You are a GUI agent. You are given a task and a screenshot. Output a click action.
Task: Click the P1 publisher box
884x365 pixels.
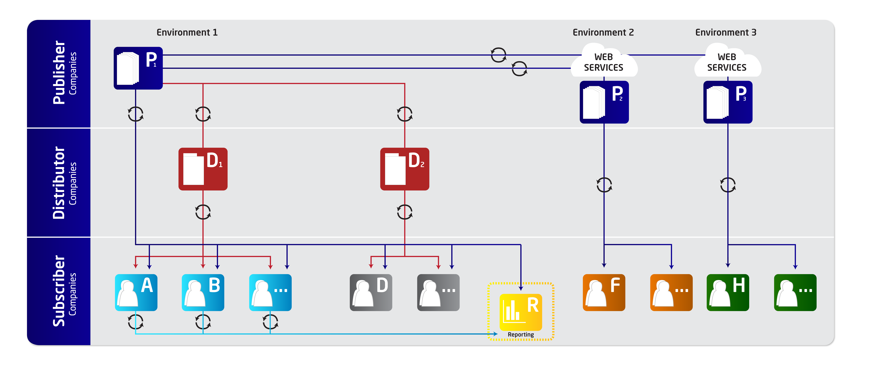point(138,68)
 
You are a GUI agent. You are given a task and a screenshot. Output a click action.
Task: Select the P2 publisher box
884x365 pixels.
point(604,102)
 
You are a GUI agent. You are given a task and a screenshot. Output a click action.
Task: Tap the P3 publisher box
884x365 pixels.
point(728,102)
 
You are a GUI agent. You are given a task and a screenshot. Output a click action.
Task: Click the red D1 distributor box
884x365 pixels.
point(203,169)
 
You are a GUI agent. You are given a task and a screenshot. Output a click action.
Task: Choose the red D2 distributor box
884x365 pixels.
point(405,169)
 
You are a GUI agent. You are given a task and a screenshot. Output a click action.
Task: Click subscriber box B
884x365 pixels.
point(203,292)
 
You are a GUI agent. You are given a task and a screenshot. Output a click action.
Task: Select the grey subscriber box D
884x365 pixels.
point(371,292)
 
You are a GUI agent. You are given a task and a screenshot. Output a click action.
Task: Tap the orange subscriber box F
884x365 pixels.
point(604,292)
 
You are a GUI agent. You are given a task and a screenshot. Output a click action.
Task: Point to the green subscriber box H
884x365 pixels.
point(728,292)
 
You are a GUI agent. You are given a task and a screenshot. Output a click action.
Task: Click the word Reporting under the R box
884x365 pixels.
point(521,334)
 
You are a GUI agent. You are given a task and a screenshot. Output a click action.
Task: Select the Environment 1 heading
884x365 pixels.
point(187,33)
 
